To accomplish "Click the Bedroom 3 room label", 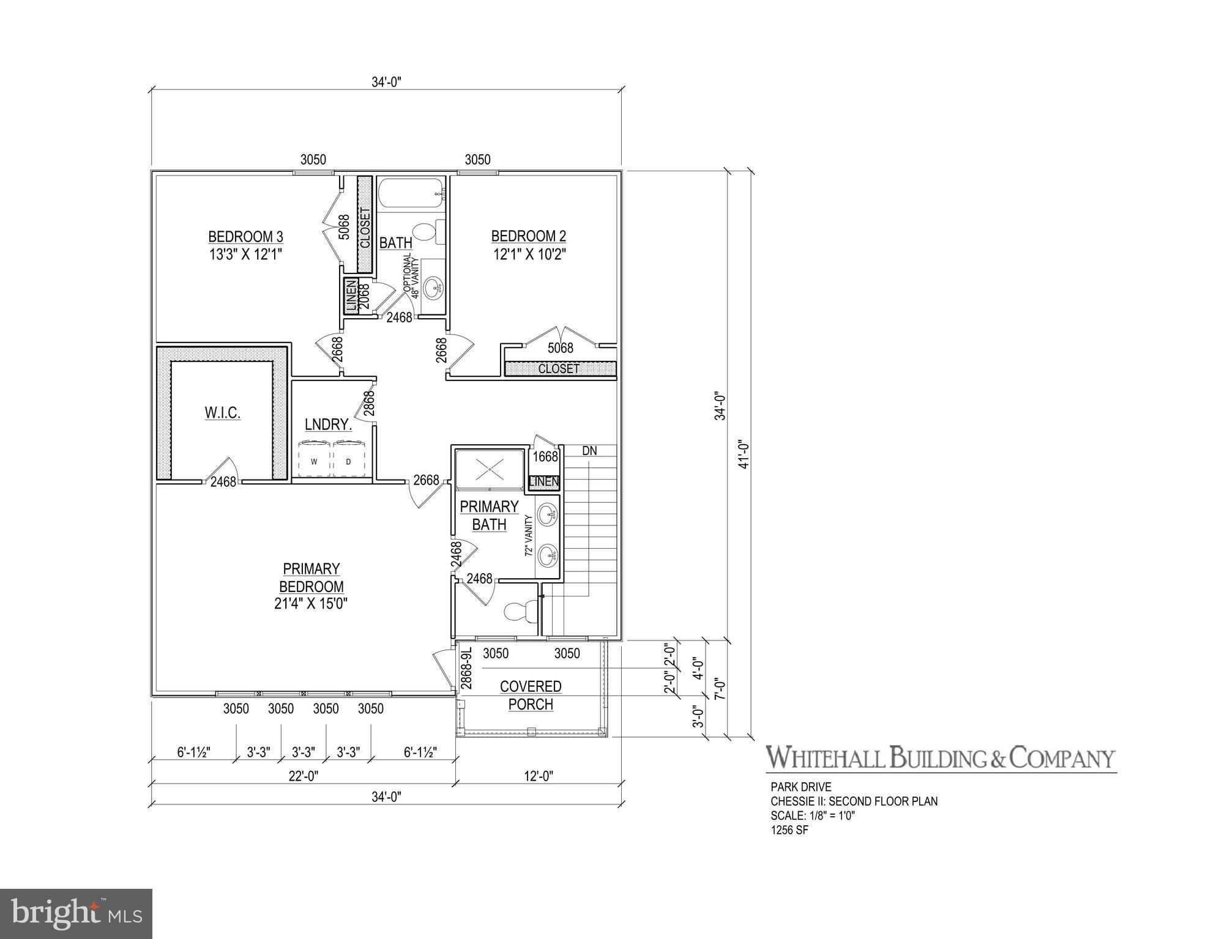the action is tap(245, 245).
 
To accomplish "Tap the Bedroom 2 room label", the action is tap(529, 245).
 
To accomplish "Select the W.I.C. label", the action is tap(222, 412).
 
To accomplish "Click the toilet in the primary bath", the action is tap(520, 611).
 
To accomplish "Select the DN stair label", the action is tap(589, 451).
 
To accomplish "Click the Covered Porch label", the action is tap(531, 695).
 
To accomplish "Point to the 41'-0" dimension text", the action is tap(744, 454).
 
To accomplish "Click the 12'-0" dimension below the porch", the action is tap(539, 776).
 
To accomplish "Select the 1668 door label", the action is tap(545, 456).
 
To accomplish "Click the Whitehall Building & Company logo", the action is tap(941, 757).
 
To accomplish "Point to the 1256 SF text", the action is tap(789, 830).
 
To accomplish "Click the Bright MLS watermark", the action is tap(76, 914).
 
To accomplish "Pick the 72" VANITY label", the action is tap(529, 535).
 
